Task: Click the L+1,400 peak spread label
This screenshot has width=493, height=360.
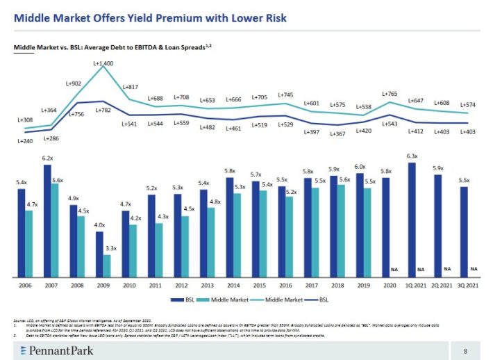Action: click(103, 63)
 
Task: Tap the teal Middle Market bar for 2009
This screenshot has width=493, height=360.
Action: click(106, 266)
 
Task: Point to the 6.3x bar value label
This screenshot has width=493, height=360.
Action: click(412, 156)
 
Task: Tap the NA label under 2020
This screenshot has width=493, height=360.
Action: click(394, 269)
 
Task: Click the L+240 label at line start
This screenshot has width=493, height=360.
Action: click(25, 140)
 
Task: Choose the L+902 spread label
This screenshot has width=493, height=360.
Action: click(74, 84)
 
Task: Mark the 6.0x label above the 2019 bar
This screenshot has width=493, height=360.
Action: click(360, 167)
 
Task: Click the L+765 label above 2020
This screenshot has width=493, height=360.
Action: click(390, 93)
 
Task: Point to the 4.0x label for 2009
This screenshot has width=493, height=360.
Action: click(99, 225)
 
